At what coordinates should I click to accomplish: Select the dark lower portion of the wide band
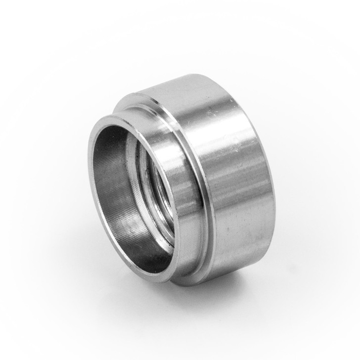pyautogui.click(x=237, y=257)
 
